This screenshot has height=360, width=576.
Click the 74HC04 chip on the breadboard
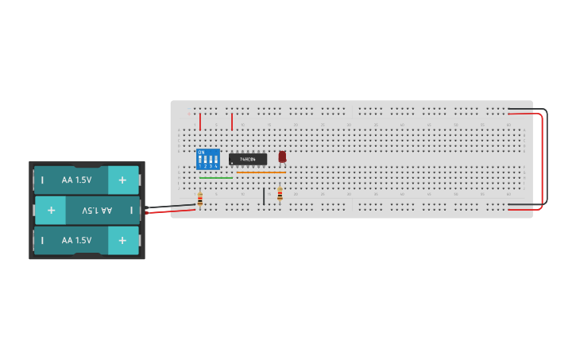(x=248, y=159)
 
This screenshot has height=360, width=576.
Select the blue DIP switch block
(x=208, y=159)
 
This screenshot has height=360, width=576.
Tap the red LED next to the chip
(x=282, y=157)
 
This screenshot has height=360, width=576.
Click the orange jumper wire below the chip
(x=261, y=172)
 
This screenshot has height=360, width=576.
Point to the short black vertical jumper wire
(x=264, y=195)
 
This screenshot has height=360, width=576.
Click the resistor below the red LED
(x=280, y=194)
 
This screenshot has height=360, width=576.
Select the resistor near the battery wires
(x=199, y=199)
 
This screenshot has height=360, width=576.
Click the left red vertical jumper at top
(x=200, y=122)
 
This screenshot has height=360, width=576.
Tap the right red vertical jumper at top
(x=232, y=122)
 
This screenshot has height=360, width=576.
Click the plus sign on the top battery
(x=122, y=180)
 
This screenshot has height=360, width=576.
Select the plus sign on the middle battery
(x=51, y=211)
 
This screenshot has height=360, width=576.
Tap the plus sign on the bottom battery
(x=122, y=240)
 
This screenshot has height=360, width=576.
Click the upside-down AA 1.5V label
(x=97, y=211)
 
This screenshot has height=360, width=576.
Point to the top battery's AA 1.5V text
(x=76, y=180)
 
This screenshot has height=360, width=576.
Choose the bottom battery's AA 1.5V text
(x=76, y=240)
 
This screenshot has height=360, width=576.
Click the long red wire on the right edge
(x=543, y=159)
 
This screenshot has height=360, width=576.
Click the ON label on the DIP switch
(x=201, y=152)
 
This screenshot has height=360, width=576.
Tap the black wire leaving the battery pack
(x=171, y=207)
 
